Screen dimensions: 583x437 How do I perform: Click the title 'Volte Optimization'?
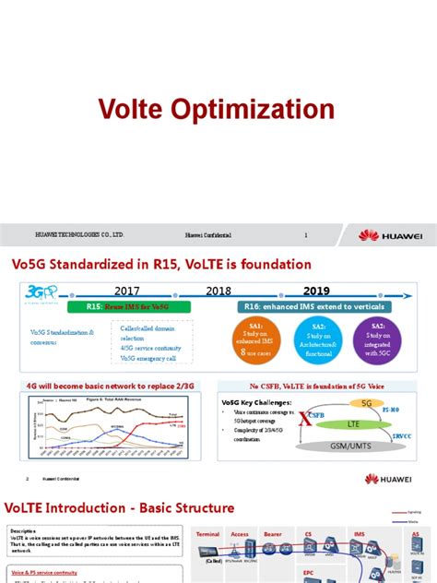point(218,112)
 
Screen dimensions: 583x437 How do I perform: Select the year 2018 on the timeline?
point(218,291)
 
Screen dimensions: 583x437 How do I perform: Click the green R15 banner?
point(128,306)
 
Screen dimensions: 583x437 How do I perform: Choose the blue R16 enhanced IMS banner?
point(313,306)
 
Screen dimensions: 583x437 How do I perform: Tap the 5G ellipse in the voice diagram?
point(365,403)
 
